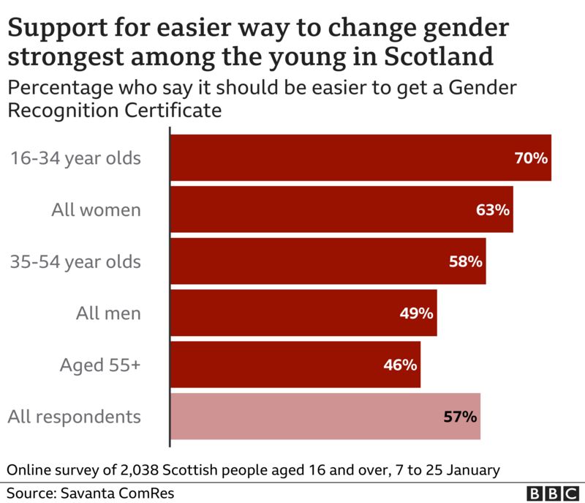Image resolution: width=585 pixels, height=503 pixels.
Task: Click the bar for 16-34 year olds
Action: coord(360,157)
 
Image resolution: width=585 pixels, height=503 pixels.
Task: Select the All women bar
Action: coord(341,209)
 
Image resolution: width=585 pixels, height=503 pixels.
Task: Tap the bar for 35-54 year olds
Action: coord(328,261)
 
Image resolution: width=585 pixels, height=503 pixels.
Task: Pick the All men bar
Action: coord(303,313)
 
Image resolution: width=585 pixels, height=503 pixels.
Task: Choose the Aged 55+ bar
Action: coord(295,365)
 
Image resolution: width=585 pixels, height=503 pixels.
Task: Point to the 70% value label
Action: coord(531,157)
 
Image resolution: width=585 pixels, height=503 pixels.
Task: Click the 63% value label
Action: coord(492,209)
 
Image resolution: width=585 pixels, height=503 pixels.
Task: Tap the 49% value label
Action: coord(417,313)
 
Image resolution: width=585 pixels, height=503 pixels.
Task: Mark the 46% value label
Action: coord(400,365)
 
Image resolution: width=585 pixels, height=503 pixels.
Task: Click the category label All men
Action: coord(108,313)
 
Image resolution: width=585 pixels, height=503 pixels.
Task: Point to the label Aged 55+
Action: coord(99,365)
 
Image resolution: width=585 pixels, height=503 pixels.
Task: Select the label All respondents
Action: coord(74,417)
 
